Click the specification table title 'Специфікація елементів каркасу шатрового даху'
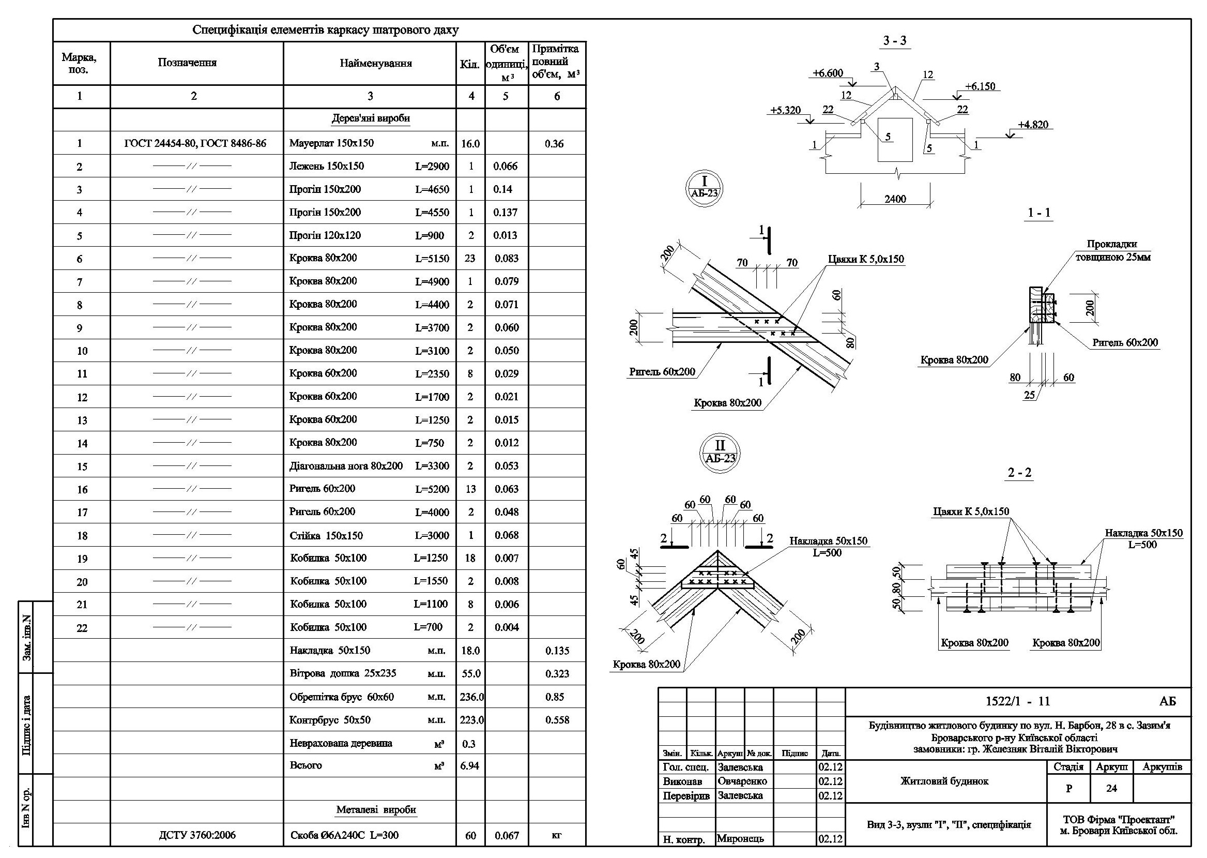(x=325, y=30)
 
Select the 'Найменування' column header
(x=375, y=64)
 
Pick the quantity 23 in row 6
(x=470, y=259)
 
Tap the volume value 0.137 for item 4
(x=506, y=213)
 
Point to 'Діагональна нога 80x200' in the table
(x=346, y=466)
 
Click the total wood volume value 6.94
(x=469, y=765)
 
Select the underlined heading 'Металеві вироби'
(x=376, y=810)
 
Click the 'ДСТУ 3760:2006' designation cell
(x=197, y=835)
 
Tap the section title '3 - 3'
(x=895, y=41)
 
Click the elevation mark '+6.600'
(x=828, y=73)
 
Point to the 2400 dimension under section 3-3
(x=895, y=199)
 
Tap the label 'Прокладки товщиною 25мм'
(x=1112, y=251)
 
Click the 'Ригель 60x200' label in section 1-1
(x=1125, y=342)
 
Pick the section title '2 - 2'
(x=1019, y=472)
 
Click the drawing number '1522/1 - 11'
(x=1017, y=702)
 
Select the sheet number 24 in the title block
(x=1111, y=788)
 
